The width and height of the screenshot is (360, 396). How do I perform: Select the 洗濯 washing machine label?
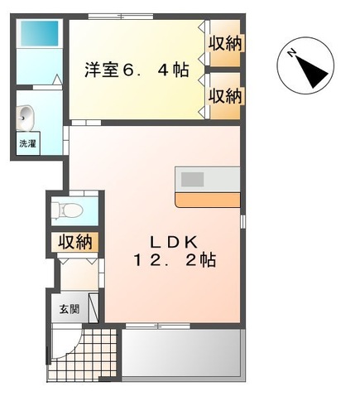pyautogui.click(x=27, y=143)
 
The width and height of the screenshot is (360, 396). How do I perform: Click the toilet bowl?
pyautogui.click(x=72, y=210)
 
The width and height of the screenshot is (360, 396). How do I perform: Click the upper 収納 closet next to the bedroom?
pyautogui.click(x=223, y=44)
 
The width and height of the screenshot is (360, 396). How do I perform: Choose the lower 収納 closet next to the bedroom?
pyautogui.click(x=223, y=95)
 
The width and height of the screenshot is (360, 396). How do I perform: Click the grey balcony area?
pyautogui.click(x=182, y=353)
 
